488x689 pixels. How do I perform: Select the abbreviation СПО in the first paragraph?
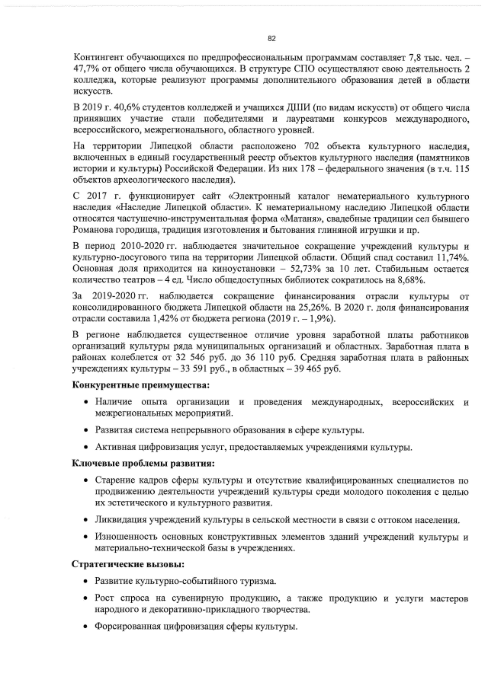pyautogui.click(x=284, y=69)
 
